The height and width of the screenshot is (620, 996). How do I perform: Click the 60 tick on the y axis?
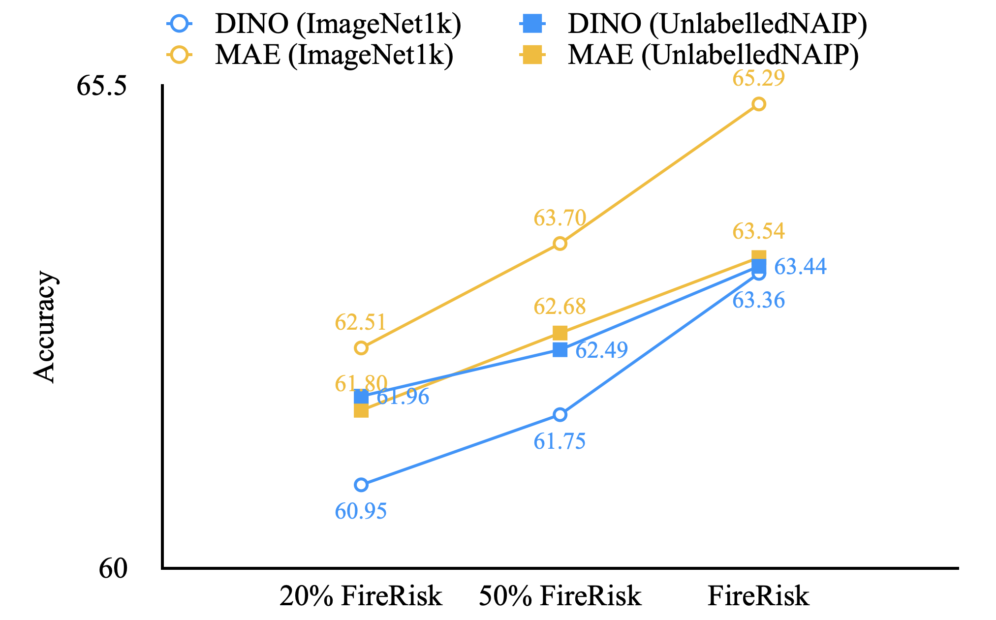[x=113, y=569]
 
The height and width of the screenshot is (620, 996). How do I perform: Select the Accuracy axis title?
[x=45, y=327]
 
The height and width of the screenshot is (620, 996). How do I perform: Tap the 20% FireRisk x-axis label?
[x=361, y=596]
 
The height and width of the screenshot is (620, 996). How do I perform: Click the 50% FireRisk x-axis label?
[x=560, y=596]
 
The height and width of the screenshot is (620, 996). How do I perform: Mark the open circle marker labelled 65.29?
[x=758, y=104]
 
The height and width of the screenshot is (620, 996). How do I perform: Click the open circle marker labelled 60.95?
[x=361, y=485]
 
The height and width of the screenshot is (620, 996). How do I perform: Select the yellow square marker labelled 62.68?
[x=560, y=333]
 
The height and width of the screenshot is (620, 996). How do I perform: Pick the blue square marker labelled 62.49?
[x=560, y=350]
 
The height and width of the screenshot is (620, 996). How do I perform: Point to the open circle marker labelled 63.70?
[x=560, y=244]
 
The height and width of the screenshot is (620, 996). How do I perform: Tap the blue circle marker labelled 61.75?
[x=560, y=415]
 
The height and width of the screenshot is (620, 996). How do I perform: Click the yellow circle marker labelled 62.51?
[x=361, y=348]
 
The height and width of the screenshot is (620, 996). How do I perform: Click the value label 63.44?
[x=800, y=267]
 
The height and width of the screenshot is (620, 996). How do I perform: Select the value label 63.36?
[x=758, y=301]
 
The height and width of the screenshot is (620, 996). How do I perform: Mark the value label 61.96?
[x=404, y=397]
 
